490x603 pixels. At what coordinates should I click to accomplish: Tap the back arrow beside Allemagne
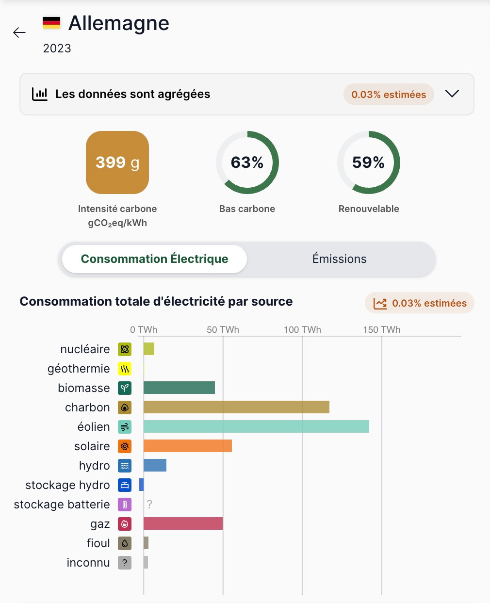coord(19,33)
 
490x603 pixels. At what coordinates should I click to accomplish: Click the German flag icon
coord(51,23)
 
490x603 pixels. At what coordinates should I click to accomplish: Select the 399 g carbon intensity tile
coord(117,163)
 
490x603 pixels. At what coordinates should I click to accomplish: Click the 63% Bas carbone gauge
coord(247,163)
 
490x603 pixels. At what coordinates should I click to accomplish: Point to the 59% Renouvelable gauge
coord(369,163)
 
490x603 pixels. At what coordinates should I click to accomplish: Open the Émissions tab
coord(339,259)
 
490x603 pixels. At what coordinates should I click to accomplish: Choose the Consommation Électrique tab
coord(154,259)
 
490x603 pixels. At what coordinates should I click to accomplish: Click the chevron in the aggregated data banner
coord(452,94)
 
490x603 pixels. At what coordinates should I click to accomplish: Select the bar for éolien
coord(256,426)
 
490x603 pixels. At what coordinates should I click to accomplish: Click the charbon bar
coord(236,407)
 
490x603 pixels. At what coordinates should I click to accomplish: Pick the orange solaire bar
coord(187,446)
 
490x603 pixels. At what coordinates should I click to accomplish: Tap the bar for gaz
coord(183,523)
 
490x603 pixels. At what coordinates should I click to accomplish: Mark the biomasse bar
coord(179,388)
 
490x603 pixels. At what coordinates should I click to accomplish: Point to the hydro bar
coord(155,465)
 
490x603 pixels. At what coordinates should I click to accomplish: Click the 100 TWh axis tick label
coord(302,330)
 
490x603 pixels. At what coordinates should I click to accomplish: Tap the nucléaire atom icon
coord(125,349)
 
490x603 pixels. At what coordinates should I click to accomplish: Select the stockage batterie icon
coord(125,505)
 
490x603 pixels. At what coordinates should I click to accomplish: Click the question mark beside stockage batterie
coord(149,505)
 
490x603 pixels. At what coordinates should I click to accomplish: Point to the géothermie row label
coord(79,369)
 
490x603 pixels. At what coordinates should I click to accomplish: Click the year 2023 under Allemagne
coord(57,49)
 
